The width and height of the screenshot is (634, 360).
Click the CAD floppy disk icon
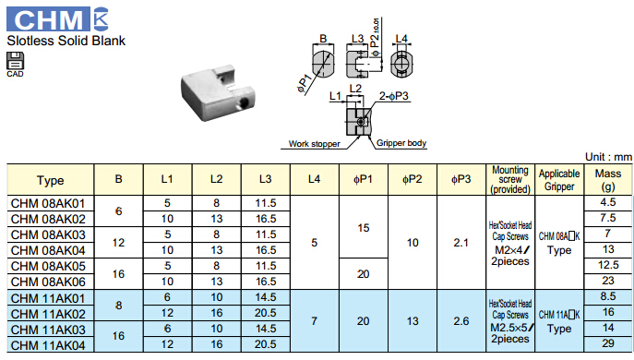click(x=16, y=61)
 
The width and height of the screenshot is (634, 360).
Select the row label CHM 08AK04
click(x=48, y=250)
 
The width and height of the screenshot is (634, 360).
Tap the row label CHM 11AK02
click(x=48, y=314)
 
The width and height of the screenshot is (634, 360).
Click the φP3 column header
click(x=461, y=179)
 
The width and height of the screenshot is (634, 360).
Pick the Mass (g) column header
click(x=608, y=180)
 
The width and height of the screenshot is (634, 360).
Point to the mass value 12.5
click(x=608, y=265)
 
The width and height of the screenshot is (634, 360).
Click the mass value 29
click(x=608, y=343)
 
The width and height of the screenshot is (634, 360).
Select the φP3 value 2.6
click(x=461, y=321)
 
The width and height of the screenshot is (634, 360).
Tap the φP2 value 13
click(x=413, y=321)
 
